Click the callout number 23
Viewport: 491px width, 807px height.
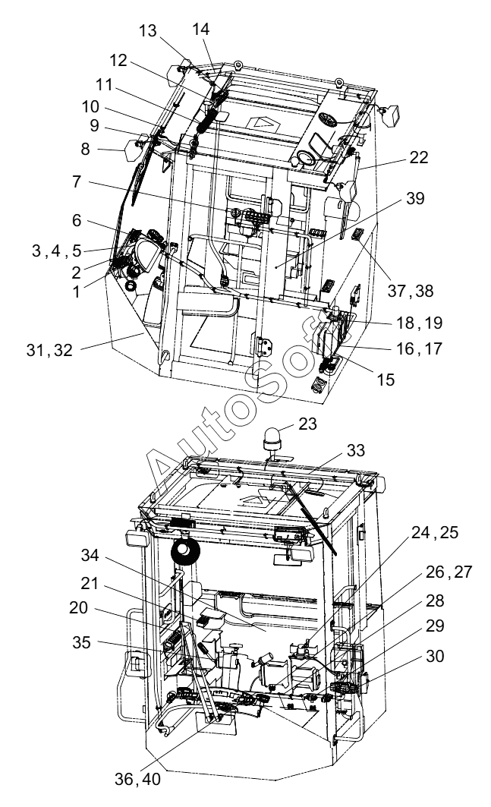point(307,424)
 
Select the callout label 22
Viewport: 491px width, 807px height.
point(418,157)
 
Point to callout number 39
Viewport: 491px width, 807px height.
point(415,198)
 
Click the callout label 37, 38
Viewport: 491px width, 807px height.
point(411,291)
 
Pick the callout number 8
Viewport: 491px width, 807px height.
point(86,150)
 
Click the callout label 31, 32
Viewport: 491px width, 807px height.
point(49,350)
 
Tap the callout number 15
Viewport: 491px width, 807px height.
point(386,380)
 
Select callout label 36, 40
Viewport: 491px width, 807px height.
point(137,779)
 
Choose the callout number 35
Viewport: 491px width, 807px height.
point(81,643)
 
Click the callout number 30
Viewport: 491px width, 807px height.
point(435,656)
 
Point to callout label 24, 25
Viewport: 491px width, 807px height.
point(435,533)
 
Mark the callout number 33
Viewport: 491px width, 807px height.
point(356,450)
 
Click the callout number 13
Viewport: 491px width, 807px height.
point(147,31)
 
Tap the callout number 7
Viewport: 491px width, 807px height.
point(76,181)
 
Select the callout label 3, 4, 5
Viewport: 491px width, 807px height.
point(57,251)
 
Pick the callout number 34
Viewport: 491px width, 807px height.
point(90,556)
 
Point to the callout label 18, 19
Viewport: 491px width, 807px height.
point(420,323)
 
